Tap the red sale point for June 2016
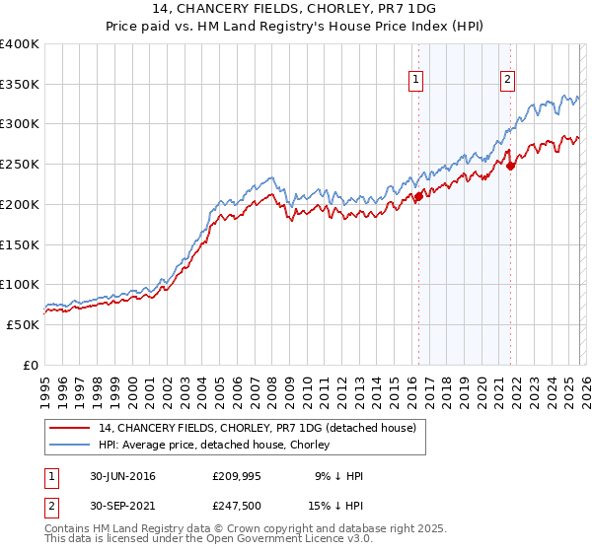(418, 196)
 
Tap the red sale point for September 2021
(511, 166)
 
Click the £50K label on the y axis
(23, 324)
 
